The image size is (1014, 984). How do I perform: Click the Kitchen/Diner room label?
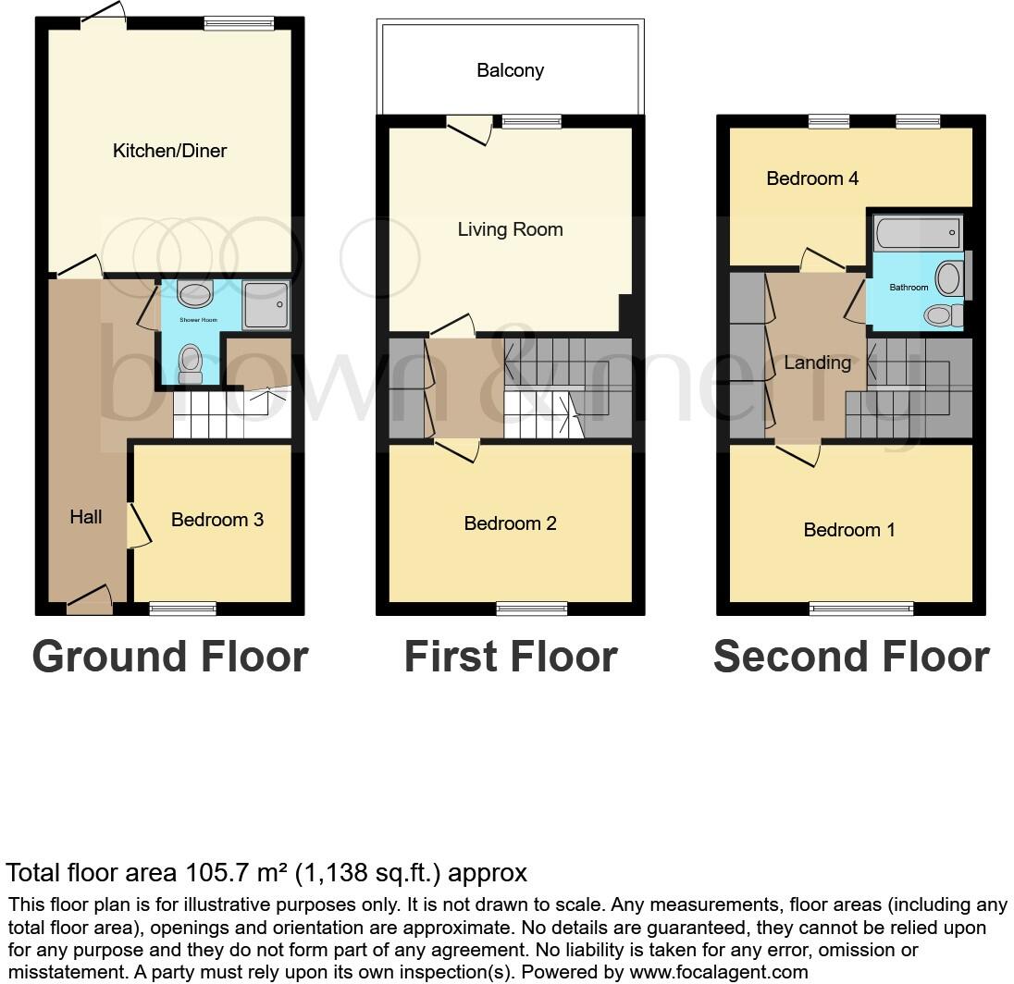pos(169,151)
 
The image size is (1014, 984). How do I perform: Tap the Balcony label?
pos(510,70)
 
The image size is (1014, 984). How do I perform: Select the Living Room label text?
pos(510,229)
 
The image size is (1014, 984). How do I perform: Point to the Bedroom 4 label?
pos(812,178)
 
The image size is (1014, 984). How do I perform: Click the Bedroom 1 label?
pos(849,530)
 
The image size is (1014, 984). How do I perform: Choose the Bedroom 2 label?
pos(510,523)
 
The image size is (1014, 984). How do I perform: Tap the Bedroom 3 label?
pos(217,520)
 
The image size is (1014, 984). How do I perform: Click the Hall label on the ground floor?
pos(86,517)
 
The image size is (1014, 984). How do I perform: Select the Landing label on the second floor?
pos(817,363)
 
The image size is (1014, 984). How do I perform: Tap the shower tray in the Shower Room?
pos(266,306)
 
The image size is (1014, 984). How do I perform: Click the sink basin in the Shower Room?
pos(195,294)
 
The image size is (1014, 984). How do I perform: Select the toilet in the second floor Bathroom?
pos(942,315)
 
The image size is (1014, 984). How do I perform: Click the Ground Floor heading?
pos(170,657)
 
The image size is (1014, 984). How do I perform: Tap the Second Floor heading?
pos(851,657)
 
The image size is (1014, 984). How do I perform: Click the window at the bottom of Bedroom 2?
pos(531,608)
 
